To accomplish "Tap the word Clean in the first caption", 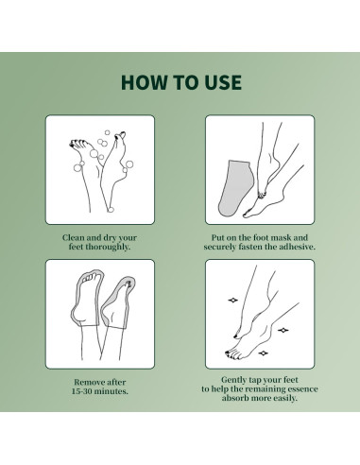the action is [x=73, y=237].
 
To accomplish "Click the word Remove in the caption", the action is [x=87, y=382].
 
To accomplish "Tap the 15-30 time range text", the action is [x=82, y=391].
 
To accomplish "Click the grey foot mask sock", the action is [x=233, y=188].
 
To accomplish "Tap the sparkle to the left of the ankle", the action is [x=233, y=300].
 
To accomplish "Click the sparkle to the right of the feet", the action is [x=283, y=330].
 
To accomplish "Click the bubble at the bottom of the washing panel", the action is [x=111, y=210].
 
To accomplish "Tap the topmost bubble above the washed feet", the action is [x=107, y=132].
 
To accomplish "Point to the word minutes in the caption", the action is [x=111, y=391].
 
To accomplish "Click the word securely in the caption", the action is [x=219, y=247].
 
